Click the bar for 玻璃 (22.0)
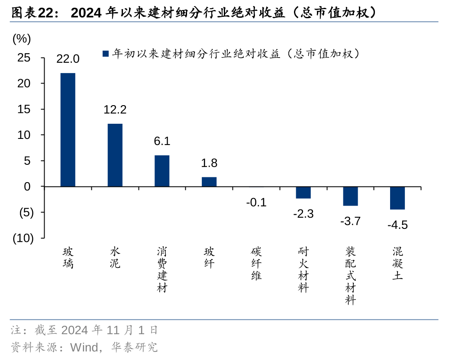point(68,130)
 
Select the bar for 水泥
point(115,155)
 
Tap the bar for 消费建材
point(162,170)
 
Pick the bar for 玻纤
point(209,182)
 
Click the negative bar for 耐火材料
point(303,193)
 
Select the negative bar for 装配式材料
point(350,196)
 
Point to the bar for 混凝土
point(397,198)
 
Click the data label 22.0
point(68,59)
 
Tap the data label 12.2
point(115,109)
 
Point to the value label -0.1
point(256,202)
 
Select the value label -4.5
point(397,225)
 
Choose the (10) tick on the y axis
point(23,238)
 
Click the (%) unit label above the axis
point(22,39)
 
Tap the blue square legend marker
point(105,54)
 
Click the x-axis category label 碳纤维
point(256,264)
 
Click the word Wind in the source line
point(83,347)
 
